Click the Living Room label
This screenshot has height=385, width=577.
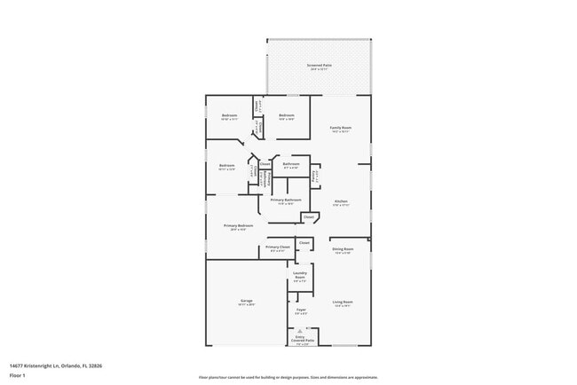(342, 304)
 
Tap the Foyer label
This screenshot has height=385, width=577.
(301, 310)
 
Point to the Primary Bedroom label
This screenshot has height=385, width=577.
(238, 227)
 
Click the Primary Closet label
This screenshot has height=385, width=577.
(277, 248)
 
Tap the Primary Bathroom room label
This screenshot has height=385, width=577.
(287, 201)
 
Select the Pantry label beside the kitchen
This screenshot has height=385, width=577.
(314, 175)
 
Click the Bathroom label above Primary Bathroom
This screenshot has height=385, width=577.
(290, 165)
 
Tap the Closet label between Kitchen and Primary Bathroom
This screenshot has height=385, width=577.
(309, 216)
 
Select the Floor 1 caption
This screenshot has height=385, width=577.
(18, 374)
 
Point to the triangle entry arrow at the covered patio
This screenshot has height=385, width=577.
(300, 328)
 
